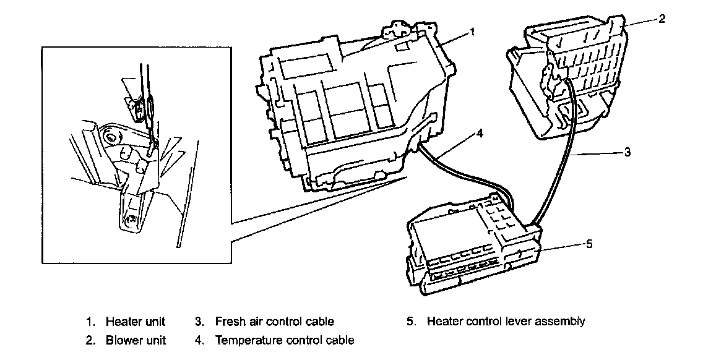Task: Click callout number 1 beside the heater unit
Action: (x=472, y=31)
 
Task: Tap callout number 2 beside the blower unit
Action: (x=662, y=19)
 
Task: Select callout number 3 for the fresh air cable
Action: (x=627, y=152)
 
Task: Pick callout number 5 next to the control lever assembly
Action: (x=589, y=244)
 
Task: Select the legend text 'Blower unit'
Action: (x=136, y=340)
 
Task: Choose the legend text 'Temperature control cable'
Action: (x=285, y=340)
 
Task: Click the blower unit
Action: (x=569, y=80)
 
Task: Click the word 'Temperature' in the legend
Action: (x=246, y=340)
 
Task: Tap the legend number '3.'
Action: (x=199, y=322)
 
